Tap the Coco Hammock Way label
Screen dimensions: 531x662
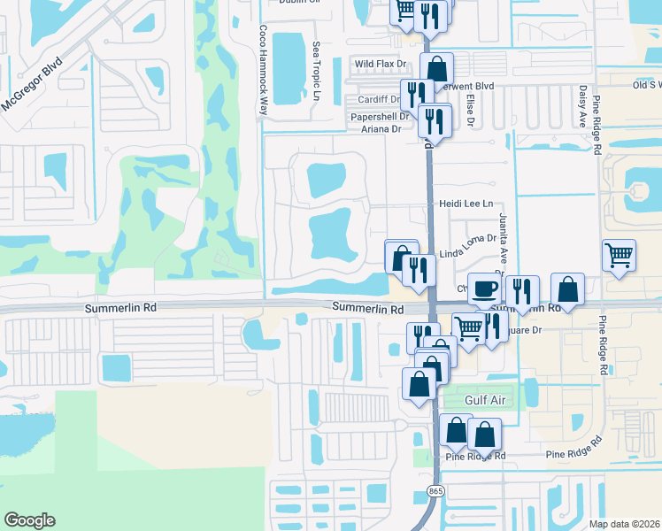coord(263,70)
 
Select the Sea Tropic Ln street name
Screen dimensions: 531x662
coord(315,71)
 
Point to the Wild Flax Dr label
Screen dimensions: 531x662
coord(380,65)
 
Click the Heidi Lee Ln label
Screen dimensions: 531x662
coord(466,204)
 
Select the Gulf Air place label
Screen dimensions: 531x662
coord(485,400)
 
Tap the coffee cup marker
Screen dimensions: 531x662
coord(483,289)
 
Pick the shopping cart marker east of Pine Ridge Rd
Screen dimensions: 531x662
coord(619,257)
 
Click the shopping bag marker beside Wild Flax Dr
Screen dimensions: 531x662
coord(437,68)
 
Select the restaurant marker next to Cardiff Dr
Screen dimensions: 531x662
coord(416,95)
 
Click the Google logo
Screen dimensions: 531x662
coord(29,520)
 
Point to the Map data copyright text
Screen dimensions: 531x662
coord(625,524)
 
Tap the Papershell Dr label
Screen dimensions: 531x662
coord(379,116)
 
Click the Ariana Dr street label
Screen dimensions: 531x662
coord(385,128)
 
